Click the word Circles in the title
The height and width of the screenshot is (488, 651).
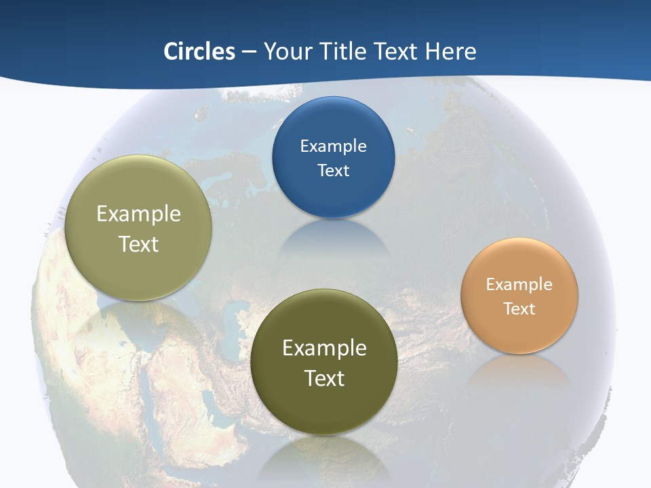pyautogui.click(x=199, y=52)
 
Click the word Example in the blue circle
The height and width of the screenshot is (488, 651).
pyautogui.click(x=333, y=146)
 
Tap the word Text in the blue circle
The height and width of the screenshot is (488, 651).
pyautogui.click(x=333, y=170)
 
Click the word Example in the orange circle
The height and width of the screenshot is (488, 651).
pyautogui.click(x=519, y=285)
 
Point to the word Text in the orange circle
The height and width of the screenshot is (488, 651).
pyautogui.click(x=519, y=309)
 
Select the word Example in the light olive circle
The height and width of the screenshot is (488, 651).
pyautogui.click(x=138, y=214)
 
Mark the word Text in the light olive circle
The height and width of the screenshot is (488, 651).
pyautogui.click(x=138, y=244)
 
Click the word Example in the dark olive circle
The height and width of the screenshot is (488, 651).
pyautogui.click(x=324, y=348)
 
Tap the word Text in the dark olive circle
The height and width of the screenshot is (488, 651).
pyautogui.click(x=324, y=378)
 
